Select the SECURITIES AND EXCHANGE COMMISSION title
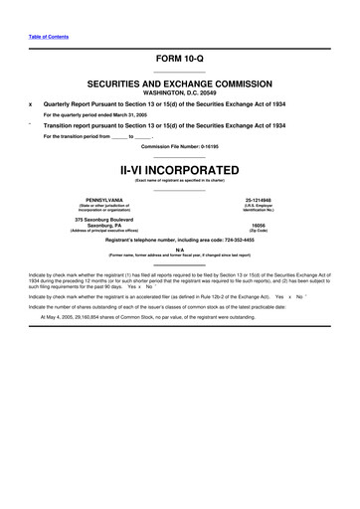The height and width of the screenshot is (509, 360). coord(179,85)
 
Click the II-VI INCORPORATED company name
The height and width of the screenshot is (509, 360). coord(179,169)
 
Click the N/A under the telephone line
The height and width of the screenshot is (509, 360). coord(179,250)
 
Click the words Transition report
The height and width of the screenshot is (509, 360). coord(70,126)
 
